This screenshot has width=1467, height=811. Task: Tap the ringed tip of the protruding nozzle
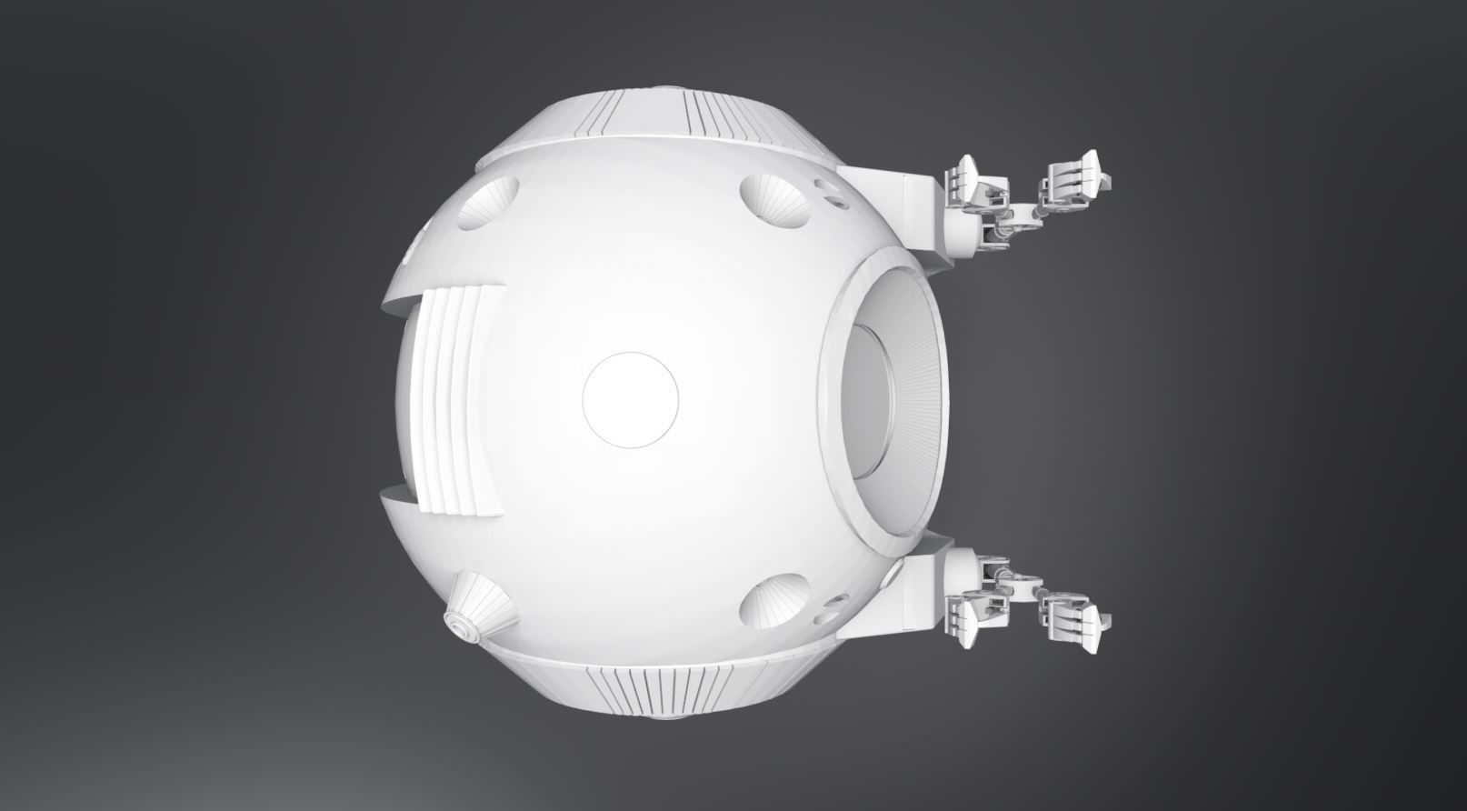tap(455, 623)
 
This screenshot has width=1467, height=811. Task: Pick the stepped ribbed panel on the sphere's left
tap(459, 400)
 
